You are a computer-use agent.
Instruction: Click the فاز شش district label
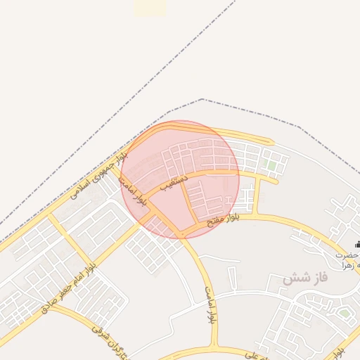306,278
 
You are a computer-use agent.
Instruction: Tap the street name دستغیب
174,184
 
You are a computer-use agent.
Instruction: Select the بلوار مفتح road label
224,220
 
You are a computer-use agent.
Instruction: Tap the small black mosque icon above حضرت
357,244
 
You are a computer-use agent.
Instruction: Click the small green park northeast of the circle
271,165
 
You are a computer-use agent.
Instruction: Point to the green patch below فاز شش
345,311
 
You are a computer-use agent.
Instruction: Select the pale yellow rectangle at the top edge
150,7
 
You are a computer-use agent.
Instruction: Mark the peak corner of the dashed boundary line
202,99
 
